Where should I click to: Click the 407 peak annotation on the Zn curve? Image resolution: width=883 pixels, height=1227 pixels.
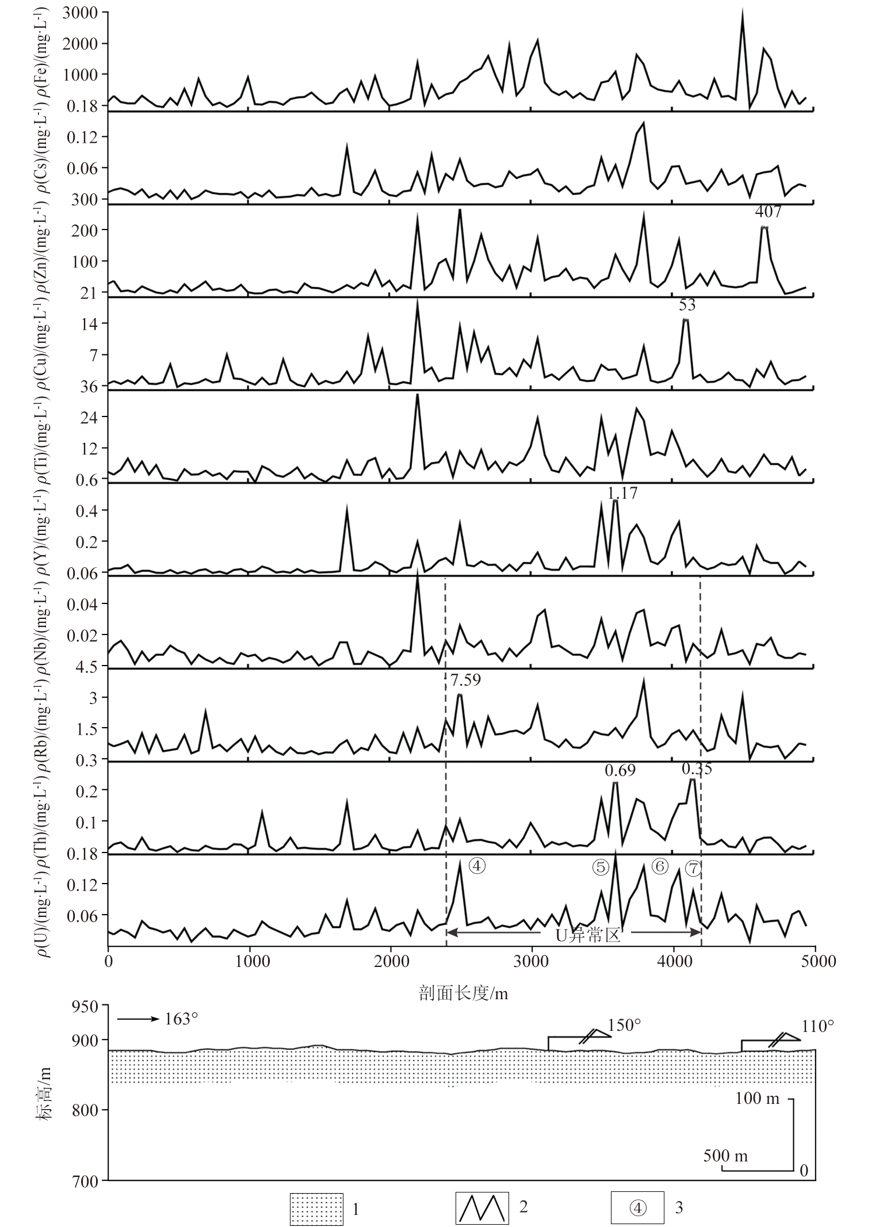click(768, 212)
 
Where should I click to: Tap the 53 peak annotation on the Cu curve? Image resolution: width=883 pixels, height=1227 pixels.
click(687, 305)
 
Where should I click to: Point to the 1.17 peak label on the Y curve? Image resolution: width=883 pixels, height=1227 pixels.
click(622, 493)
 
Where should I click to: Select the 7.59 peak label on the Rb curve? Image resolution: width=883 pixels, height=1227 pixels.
click(465, 681)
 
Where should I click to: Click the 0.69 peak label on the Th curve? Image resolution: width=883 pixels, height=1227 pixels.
click(620, 770)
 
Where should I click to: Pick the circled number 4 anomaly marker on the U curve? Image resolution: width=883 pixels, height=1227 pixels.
click(477, 865)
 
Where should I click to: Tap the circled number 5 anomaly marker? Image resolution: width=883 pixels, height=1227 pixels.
click(601, 867)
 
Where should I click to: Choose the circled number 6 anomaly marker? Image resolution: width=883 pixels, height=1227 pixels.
click(659, 866)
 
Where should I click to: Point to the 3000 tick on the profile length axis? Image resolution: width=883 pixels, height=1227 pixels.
click(532, 961)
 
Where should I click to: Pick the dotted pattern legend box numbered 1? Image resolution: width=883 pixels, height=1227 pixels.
click(316, 1207)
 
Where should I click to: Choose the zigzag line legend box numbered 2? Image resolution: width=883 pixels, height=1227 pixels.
click(482, 1207)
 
